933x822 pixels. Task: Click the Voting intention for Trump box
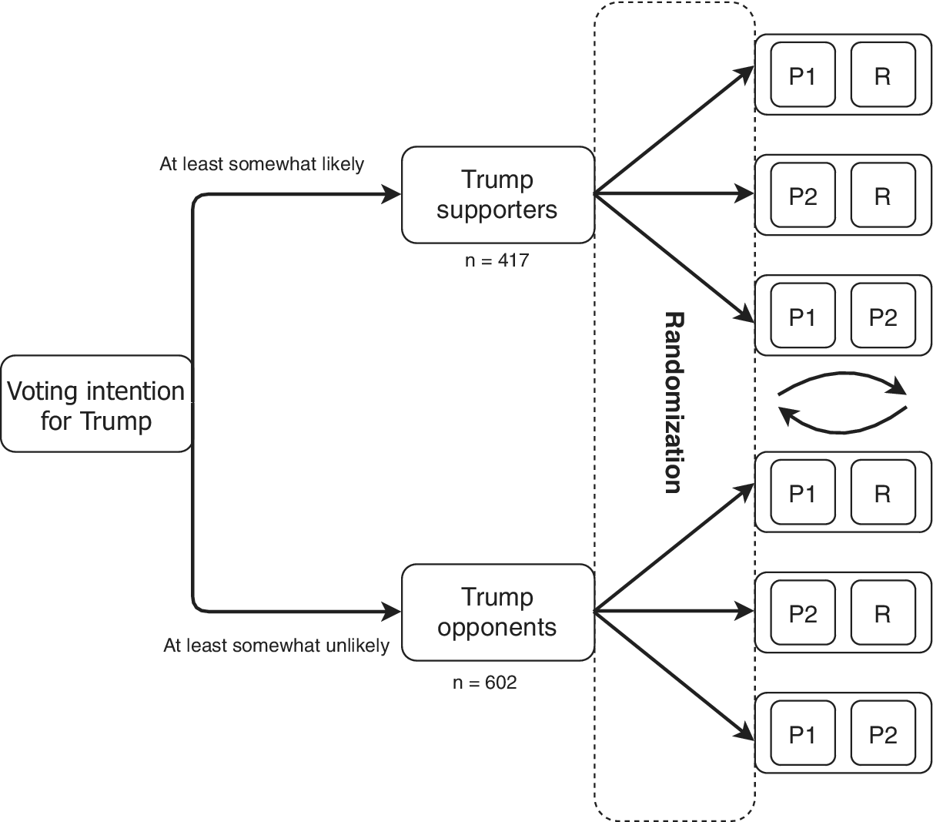[x=96, y=404]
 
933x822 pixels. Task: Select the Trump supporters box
[x=497, y=195]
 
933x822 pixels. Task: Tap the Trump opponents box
[x=497, y=612]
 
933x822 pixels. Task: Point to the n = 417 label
[x=497, y=260]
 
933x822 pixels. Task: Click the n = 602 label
[x=484, y=682]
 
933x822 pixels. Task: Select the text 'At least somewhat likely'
[x=262, y=164]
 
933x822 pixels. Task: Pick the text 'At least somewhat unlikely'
[x=276, y=646]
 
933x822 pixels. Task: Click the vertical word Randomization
[x=673, y=402]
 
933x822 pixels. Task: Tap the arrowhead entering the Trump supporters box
[x=393, y=195]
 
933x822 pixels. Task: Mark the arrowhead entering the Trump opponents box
[x=393, y=612]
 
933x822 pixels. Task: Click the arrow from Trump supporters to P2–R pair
[x=674, y=194]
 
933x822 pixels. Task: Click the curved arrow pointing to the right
[x=844, y=378]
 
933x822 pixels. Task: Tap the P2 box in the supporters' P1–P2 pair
[x=883, y=317]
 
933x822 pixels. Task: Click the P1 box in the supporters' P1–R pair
[x=802, y=75]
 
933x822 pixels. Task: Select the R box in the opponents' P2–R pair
[x=883, y=613]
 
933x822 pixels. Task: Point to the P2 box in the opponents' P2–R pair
[x=802, y=613]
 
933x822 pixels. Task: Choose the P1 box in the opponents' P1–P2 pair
[x=802, y=734]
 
